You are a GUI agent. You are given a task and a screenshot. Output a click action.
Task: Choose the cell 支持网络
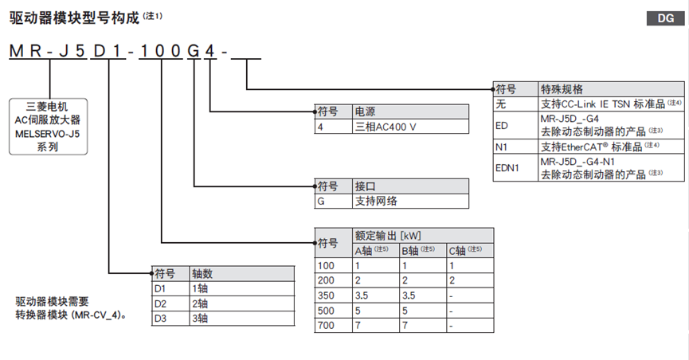point(374,201)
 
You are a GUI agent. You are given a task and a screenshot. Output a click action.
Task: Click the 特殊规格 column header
point(562,88)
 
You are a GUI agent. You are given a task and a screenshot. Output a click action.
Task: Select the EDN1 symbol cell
point(507,168)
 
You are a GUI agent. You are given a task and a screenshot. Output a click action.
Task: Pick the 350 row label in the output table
point(327,295)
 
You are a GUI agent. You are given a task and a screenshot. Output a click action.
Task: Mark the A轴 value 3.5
point(362,295)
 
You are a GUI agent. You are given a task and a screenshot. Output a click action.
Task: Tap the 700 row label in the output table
point(327,326)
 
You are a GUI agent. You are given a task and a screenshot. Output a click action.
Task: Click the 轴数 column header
point(202,273)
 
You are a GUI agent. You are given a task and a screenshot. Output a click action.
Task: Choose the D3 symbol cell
point(160,318)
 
